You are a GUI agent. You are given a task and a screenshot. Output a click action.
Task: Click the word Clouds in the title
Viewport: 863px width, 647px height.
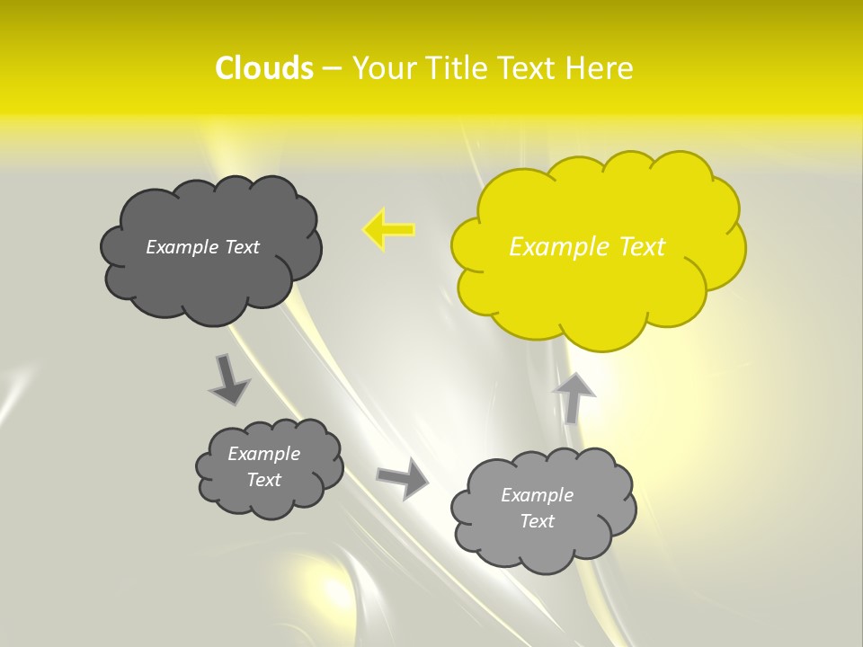[264, 68]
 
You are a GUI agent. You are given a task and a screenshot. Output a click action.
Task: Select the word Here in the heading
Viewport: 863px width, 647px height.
[599, 68]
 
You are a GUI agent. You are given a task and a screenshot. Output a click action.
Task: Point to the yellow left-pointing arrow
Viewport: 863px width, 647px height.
[388, 230]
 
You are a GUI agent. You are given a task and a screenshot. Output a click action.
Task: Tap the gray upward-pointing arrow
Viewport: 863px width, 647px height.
[573, 396]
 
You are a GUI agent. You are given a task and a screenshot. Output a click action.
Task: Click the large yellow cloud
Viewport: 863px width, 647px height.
[598, 247]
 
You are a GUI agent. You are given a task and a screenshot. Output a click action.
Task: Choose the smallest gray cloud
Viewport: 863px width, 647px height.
[269, 467]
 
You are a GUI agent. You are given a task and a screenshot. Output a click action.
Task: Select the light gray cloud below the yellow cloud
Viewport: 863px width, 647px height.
[543, 509]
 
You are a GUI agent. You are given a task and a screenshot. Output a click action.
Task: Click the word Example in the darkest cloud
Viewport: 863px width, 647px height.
[182, 247]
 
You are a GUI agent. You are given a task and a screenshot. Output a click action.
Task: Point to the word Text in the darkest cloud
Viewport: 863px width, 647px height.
[242, 247]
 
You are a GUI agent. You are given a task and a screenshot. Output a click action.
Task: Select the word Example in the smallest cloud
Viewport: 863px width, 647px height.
[264, 454]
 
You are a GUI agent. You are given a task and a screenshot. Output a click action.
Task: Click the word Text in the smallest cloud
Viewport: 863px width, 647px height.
[264, 480]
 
